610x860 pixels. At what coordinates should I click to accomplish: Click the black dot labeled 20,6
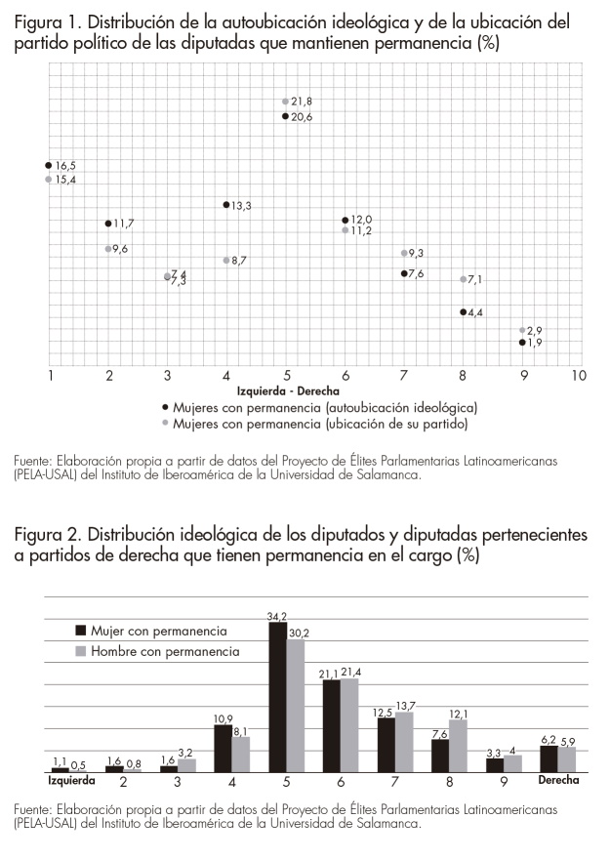click(x=286, y=116)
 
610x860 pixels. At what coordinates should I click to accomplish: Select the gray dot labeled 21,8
click(x=286, y=102)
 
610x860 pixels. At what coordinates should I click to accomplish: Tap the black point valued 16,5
click(x=49, y=166)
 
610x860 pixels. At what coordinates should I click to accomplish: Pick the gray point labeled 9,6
click(x=108, y=249)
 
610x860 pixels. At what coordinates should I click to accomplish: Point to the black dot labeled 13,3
click(x=226, y=205)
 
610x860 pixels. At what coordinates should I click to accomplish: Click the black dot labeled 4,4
click(x=464, y=312)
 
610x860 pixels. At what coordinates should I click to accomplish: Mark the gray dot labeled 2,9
click(x=522, y=331)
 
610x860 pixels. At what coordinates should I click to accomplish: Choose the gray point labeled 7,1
click(x=464, y=279)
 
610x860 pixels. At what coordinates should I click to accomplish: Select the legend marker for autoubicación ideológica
click(x=167, y=406)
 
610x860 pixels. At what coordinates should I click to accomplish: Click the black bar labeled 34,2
click(x=278, y=697)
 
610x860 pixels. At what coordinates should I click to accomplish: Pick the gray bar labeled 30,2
click(x=296, y=705)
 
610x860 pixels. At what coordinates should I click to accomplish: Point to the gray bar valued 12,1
click(x=458, y=746)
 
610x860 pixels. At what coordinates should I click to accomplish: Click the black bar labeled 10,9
click(x=224, y=748)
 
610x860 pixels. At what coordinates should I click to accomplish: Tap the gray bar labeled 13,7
click(x=404, y=742)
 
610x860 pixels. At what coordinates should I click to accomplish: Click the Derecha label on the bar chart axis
click(x=557, y=781)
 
